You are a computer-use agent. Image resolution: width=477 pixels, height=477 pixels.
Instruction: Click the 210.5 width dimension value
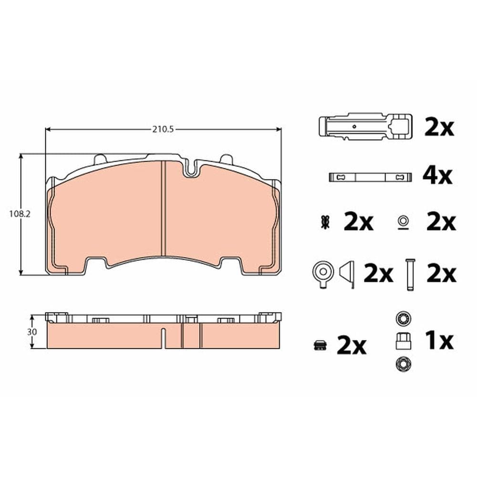pos(162,129)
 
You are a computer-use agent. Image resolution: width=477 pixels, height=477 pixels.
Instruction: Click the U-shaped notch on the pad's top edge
pos(192,169)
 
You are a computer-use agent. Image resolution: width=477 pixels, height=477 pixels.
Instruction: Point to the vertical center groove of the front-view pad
pos(163,210)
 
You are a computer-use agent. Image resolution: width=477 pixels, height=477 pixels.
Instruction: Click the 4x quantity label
pos(437,176)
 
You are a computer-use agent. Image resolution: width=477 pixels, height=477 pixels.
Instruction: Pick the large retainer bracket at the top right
pos(365,126)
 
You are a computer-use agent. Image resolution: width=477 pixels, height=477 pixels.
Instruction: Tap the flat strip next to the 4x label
pos(370,177)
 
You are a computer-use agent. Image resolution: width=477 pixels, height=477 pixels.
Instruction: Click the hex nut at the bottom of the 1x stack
pos(402,365)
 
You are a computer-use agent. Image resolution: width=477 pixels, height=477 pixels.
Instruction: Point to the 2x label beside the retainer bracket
pos(439,128)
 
